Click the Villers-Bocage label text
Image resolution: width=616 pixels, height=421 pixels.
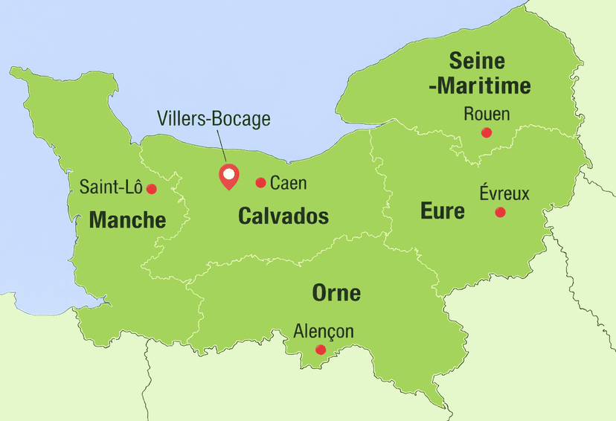(214, 118)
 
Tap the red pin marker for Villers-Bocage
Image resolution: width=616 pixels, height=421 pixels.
(228, 177)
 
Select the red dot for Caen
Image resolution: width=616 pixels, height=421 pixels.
(260, 182)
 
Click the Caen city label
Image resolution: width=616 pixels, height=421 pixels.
(289, 183)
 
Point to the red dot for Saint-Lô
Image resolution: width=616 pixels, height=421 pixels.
(152, 189)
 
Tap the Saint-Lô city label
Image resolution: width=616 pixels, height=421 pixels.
(111, 187)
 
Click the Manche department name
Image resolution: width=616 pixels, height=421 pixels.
(127, 220)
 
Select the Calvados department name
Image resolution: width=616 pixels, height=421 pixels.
(283, 216)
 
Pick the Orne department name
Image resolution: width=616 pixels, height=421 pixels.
(336, 293)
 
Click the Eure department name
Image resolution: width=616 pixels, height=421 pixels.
(443, 211)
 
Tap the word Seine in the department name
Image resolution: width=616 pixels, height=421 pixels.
(477, 61)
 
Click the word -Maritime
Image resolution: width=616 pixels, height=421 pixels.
(479, 86)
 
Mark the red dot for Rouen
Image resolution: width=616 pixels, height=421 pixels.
(487, 132)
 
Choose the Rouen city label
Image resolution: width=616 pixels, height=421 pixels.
(487, 114)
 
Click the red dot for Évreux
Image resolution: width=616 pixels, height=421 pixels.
(500, 212)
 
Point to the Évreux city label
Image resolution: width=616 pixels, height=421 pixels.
(504, 193)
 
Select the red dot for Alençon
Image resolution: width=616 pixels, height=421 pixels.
(321, 350)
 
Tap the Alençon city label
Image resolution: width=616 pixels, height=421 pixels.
(324, 331)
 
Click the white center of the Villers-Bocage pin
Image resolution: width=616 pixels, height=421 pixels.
(228, 174)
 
